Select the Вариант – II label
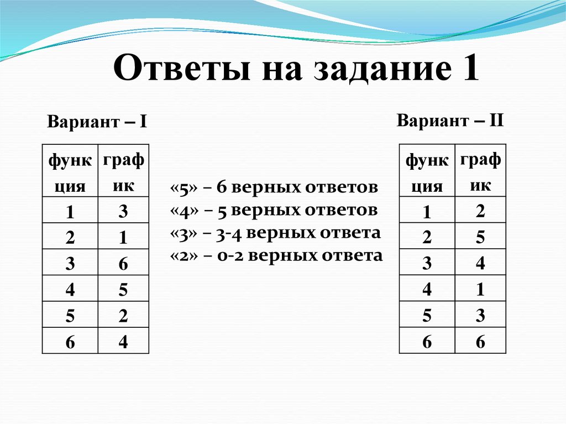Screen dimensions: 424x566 pyautogui.click(x=449, y=120)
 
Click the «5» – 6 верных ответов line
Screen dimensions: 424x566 pyautogui.click(x=274, y=187)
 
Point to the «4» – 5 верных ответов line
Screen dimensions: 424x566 pyautogui.click(x=274, y=210)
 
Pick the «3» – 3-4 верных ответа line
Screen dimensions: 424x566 pyautogui.click(x=276, y=233)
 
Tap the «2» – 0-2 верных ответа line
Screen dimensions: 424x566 pyautogui.click(x=276, y=255)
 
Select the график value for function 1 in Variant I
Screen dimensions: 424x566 pyautogui.click(x=123, y=211)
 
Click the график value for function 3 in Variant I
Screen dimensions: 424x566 pyautogui.click(x=123, y=264)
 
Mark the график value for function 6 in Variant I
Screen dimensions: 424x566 pyautogui.click(x=123, y=342)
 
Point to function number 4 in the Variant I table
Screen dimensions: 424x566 pyautogui.click(x=70, y=290)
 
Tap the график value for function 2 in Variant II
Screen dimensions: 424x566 pyautogui.click(x=480, y=237)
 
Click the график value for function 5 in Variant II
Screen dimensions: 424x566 pyautogui.click(x=480, y=316)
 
